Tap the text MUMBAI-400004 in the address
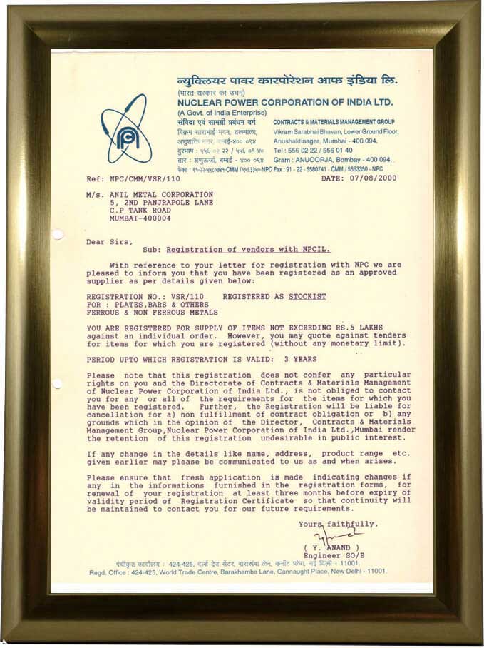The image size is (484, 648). click(x=142, y=218)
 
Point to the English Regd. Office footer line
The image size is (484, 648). click(x=239, y=571)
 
